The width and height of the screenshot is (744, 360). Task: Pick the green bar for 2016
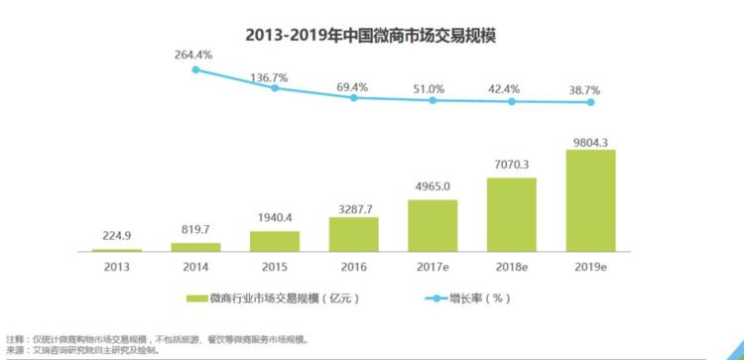pyautogui.click(x=354, y=232)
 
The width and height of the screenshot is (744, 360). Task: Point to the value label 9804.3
pyautogui.click(x=591, y=138)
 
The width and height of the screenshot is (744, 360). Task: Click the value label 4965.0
pyautogui.click(x=434, y=186)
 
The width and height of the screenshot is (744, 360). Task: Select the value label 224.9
pyautogui.click(x=117, y=236)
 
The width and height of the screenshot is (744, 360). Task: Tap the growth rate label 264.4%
pyautogui.click(x=192, y=55)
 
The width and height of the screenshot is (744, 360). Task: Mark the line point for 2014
pyautogui.click(x=195, y=69)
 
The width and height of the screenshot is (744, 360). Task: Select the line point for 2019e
pyautogui.click(x=591, y=102)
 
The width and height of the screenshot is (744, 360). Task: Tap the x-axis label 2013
pyautogui.click(x=117, y=266)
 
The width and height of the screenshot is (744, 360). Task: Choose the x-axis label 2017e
pyautogui.click(x=434, y=266)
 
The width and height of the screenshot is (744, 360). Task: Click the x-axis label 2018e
pyautogui.click(x=512, y=266)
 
